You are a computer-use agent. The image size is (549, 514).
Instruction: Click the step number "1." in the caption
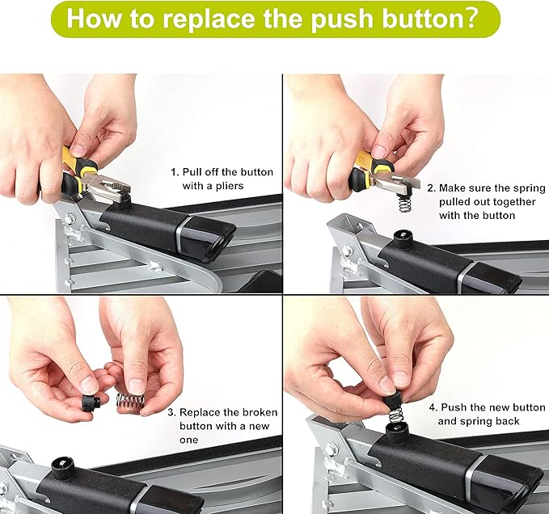pyautogui.click(x=174, y=172)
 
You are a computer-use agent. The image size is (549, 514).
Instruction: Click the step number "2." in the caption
pyautogui.click(x=431, y=187)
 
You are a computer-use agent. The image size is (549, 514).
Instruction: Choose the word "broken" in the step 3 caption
pyautogui.click(x=258, y=412)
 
